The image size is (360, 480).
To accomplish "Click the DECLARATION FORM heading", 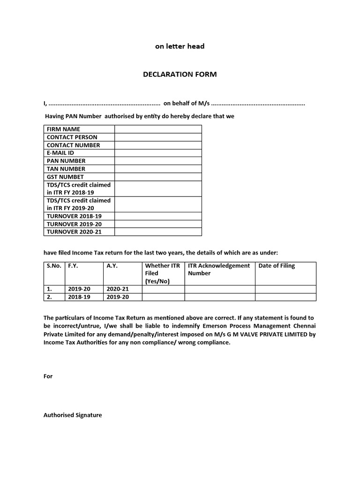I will tap(180, 75).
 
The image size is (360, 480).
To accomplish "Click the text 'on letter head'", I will tap(180, 46).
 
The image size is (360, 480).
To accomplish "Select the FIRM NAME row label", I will tap(63, 129).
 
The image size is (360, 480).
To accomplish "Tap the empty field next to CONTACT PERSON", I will tap(158, 137).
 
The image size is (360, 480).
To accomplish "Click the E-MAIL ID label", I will tap(60, 153).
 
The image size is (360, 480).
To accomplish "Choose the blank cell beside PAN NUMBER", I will tap(158, 161).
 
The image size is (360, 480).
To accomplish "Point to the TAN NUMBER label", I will tap(66, 169).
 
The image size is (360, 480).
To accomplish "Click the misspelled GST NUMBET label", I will tap(65, 177).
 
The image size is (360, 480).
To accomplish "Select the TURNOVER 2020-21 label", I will tap(74, 232).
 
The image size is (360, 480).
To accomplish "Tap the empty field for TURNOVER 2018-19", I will tap(158, 216).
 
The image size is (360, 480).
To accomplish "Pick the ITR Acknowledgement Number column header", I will tap(219, 270).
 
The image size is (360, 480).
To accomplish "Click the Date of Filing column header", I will tap(277, 266).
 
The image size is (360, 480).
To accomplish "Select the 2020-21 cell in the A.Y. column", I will tap(117, 289).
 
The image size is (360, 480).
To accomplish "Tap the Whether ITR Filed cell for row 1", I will tap(163, 289).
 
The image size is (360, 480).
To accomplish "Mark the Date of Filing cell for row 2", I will tap(285, 297).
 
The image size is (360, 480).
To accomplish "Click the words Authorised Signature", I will tap(73, 415).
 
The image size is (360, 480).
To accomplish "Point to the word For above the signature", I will tap(48, 376).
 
